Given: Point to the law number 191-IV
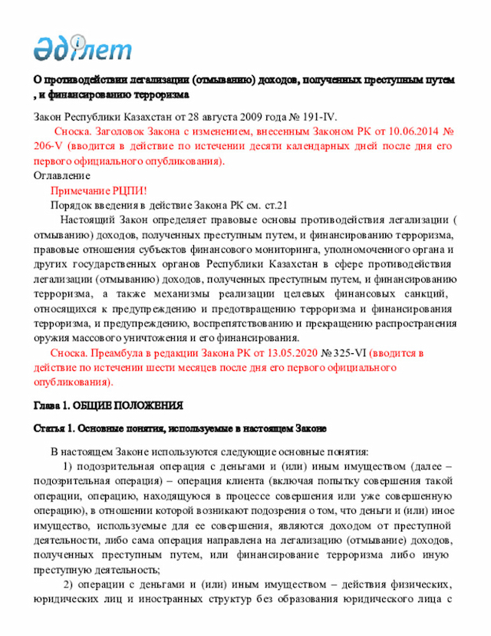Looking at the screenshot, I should coord(315,117).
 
